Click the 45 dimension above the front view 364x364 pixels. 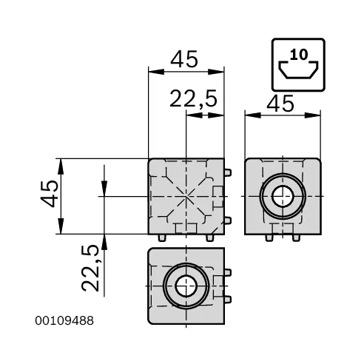point(185,59)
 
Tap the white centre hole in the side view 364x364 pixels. point(283,196)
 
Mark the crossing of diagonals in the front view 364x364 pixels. point(185,196)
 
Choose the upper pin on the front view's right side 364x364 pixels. point(229,172)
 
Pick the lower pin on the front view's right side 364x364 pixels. point(229,220)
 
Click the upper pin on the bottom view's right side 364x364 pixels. point(229,273)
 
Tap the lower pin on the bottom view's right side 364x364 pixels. point(229,298)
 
